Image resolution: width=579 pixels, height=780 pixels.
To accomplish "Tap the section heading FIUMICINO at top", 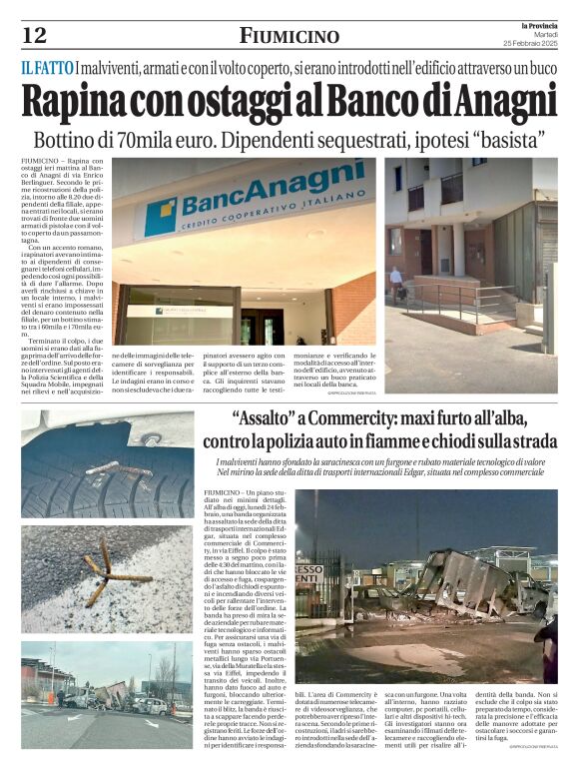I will tap(289, 37).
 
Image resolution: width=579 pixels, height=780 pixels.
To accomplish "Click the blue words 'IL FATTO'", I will tap(46, 68).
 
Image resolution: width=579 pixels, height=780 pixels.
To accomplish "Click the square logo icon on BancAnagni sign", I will tap(162, 216).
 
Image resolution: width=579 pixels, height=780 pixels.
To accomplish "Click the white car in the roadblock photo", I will tap(150, 705).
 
